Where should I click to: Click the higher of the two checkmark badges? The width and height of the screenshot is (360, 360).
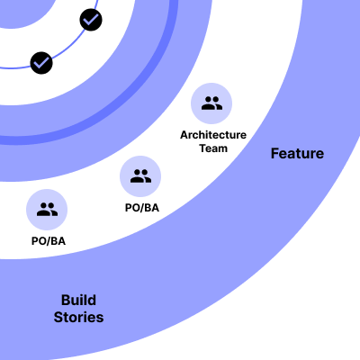tap(91, 20)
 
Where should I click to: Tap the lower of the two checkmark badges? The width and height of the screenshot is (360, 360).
tap(41, 63)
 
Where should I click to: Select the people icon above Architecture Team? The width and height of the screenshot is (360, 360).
tap(211, 103)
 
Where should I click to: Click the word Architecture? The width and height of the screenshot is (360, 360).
tap(213, 135)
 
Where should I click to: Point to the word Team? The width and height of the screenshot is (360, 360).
tap(213, 148)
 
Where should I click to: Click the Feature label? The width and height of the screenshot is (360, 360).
tap(297, 154)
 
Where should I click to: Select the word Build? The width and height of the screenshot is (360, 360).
tap(78, 300)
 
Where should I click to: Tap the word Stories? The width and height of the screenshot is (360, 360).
tap(78, 317)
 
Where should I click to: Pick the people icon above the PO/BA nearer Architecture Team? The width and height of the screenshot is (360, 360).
tap(140, 176)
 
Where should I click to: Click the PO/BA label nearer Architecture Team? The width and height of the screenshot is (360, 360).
tap(142, 208)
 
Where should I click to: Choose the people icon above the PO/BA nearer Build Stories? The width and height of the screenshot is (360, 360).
tap(47, 210)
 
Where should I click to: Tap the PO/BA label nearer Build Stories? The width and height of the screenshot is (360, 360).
tap(49, 241)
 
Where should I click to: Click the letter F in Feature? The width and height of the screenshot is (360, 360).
tap(275, 154)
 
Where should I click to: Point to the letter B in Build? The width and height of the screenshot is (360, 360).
tap(66, 300)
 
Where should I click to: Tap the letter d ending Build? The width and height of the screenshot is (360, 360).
tap(92, 300)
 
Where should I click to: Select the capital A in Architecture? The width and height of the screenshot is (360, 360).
tap(184, 135)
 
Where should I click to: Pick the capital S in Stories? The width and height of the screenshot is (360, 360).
tap(58, 317)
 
